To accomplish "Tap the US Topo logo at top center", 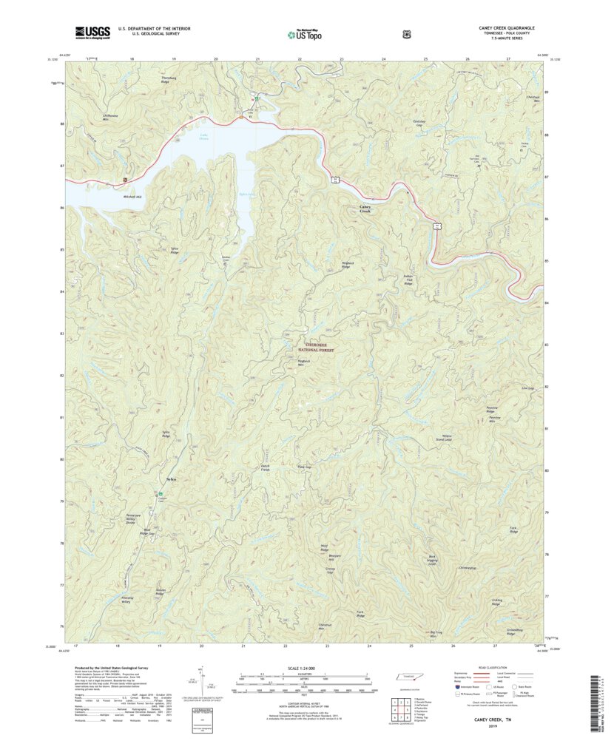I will (306, 33).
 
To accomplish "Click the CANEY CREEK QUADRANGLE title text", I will (506, 28).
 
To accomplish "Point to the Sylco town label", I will (172, 480).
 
